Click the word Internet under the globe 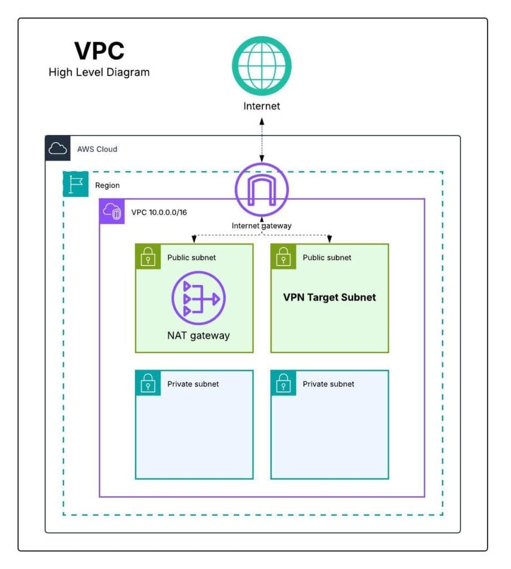[x=262, y=106]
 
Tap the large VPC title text [x=99, y=51]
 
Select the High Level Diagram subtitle [x=99, y=72]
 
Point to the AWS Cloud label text [x=98, y=149]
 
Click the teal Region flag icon [x=76, y=184]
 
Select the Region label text [x=107, y=185]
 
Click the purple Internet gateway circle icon [x=262, y=191]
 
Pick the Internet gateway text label [x=262, y=226]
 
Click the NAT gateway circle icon [x=198, y=300]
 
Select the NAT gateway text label [x=198, y=335]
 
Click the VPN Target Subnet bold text [x=329, y=297]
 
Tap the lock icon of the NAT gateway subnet [x=148, y=257]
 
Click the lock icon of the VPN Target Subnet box [x=283, y=257]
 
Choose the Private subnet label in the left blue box [x=193, y=384]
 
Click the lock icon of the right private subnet [x=283, y=383]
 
